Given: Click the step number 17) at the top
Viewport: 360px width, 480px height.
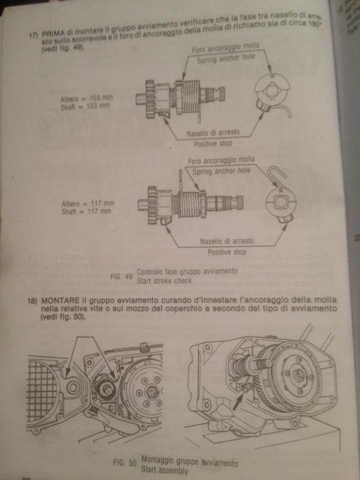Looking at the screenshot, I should [34, 35].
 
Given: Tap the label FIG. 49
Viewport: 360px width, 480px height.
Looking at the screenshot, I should [121, 276].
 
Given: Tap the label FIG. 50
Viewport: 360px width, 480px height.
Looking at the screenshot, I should [124, 463].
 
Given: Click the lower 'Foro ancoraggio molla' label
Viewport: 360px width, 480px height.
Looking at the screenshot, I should [221, 161].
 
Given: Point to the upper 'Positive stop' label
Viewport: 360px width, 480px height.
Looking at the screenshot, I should [213, 144].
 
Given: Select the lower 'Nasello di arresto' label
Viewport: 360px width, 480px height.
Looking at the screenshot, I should [226, 241].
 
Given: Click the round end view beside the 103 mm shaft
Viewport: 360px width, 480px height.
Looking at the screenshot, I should [272, 91].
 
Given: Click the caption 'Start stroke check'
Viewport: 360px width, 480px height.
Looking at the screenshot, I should [164, 280].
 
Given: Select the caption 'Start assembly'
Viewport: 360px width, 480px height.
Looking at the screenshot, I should [164, 470].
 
